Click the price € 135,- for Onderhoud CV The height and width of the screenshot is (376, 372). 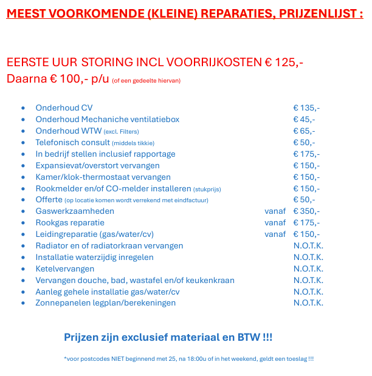coord(306,108)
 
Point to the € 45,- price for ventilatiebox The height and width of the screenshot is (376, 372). coord(304,120)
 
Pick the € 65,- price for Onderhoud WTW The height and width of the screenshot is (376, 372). coord(304,131)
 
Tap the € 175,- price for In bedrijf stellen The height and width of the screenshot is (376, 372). coord(306,154)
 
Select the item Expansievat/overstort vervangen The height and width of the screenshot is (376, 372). coord(97,166)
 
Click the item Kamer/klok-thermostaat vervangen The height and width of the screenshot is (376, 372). coord(103,177)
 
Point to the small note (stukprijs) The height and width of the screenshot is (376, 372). coord(207,189)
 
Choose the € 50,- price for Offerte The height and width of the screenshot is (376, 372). coord(304,200)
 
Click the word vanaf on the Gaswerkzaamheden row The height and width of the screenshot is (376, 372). coord(275,211)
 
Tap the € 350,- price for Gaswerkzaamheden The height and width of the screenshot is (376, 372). coord(306,211)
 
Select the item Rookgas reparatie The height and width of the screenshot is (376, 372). coord(70,223)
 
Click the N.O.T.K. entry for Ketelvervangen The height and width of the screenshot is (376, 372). coord(308,269)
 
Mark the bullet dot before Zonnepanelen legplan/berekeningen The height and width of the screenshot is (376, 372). coord(22,303)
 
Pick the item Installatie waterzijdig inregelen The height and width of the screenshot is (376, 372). coord(94,258)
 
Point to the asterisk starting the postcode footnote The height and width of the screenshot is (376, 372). coord(65,358)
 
